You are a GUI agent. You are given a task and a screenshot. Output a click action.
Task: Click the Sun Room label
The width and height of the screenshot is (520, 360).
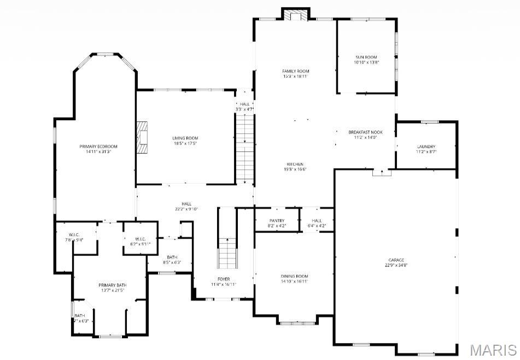tap(366, 57)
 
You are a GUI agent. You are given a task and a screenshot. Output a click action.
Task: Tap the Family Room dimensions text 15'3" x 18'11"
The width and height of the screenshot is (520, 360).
tap(295, 76)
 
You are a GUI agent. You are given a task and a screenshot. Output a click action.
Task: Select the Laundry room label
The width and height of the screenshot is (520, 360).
tap(425, 146)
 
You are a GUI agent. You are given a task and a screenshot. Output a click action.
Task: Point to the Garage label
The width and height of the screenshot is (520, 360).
tap(396, 260)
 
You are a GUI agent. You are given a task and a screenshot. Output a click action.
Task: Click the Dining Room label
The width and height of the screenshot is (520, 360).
tap(295, 276)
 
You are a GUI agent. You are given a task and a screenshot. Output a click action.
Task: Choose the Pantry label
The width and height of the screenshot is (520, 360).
tap(277, 221)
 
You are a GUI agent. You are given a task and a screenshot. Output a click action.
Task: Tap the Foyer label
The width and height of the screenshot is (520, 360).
tap(224, 279)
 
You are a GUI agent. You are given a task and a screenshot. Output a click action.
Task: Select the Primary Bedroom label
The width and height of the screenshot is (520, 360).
tap(98, 146)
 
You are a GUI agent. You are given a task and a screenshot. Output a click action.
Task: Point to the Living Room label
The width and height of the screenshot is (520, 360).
tap(185, 138)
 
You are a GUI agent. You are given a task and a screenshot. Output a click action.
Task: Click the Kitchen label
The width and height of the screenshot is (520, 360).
tap(295, 164)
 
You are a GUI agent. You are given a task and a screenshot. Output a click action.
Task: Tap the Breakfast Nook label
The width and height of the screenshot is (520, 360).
tap(365, 132)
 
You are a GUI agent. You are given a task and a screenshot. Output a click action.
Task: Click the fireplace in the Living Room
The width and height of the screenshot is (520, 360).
tap(143, 137)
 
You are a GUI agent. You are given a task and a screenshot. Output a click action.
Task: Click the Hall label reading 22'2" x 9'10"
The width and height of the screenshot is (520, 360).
tap(186, 203)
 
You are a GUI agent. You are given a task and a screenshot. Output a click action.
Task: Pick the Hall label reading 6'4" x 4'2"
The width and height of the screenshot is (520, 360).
tap(317, 221)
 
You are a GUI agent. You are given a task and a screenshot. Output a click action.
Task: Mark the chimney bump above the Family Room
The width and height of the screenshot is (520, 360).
tap(296, 14)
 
